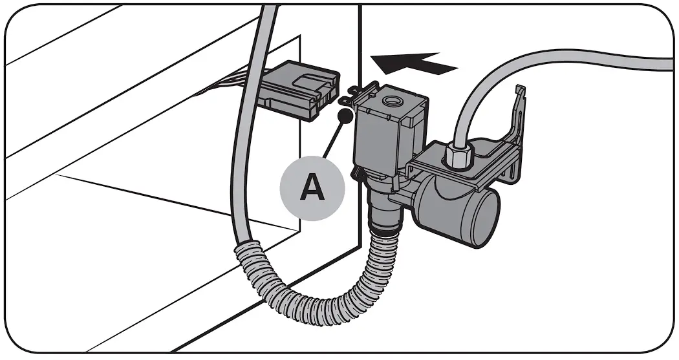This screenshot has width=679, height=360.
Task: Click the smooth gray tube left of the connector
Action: click(x=241, y=162)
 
